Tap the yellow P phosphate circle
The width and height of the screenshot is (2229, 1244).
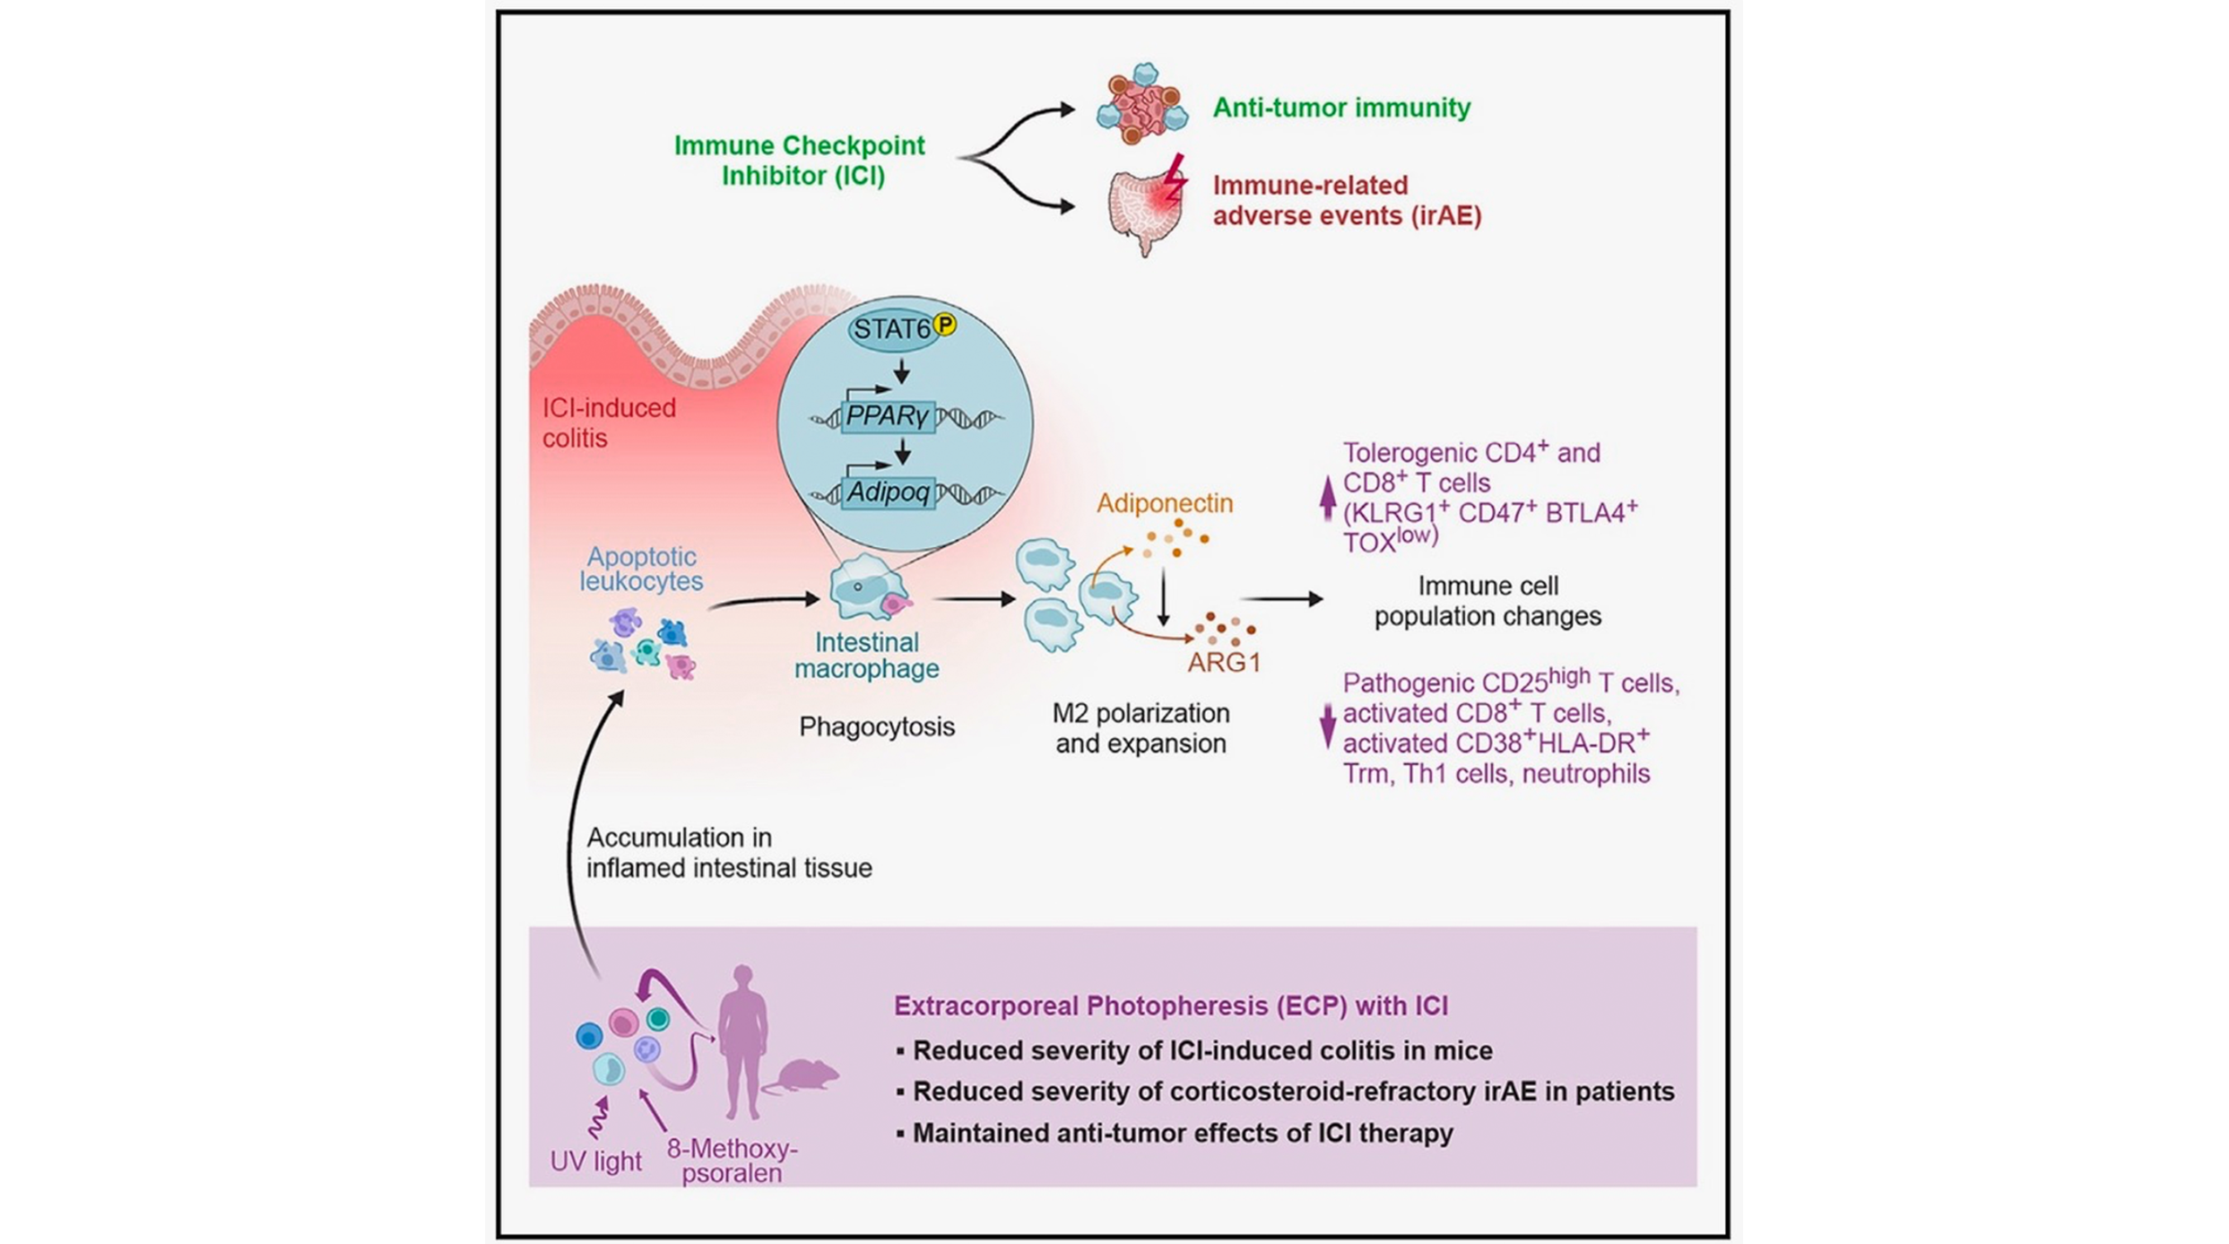pos(944,325)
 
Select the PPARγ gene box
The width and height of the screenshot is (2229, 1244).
pos(888,417)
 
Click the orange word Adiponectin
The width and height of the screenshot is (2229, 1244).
pos(1164,503)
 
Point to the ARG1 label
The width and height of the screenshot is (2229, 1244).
pos(1224,663)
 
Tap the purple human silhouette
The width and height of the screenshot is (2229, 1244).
pos(742,1040)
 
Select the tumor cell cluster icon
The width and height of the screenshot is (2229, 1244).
pos(1141,105)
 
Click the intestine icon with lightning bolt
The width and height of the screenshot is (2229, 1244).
pos(1146,206)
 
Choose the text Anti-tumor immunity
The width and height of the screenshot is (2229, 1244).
pos(1341,108)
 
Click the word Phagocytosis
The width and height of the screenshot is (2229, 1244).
pos(876,726)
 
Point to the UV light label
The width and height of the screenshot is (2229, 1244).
pos(595,1161)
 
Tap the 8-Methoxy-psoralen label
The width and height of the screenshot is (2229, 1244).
pos(732,1161)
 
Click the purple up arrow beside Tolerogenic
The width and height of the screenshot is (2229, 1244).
pos(1328,498)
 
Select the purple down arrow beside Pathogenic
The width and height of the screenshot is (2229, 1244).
pos(1328,726)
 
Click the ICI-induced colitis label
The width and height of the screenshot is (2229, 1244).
pos(608,422)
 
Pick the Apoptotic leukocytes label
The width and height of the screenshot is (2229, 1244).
pos(640,569)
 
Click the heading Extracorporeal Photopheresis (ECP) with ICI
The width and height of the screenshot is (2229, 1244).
pos(1170,1006)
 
